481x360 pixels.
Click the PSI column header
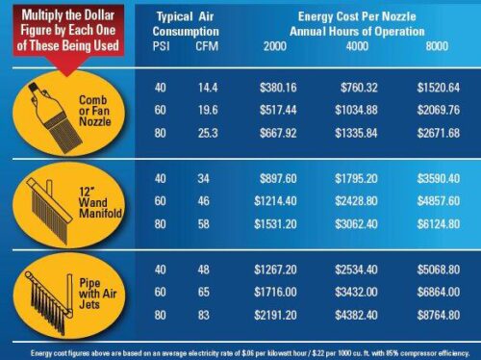tap(162, 46)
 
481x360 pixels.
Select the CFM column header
tap(207, 46)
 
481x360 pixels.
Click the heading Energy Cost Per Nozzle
tap(356, 17)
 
